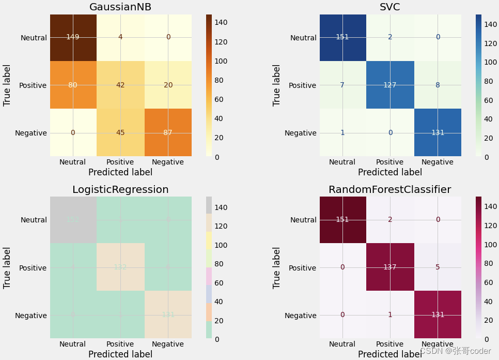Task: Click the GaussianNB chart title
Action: pos(120,7)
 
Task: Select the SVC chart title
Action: pos(390,7)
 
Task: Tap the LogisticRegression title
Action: pos(120,190)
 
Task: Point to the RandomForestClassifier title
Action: pos(390,190)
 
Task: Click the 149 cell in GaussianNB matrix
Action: pos(73,37)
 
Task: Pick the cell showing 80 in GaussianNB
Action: pos(73,85)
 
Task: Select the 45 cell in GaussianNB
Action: pos(120,132)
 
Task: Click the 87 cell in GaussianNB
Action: pos(168,132)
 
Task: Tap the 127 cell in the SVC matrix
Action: pos(390,85)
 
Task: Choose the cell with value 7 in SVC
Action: pos(342,85)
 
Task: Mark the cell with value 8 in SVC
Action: pos(438,85)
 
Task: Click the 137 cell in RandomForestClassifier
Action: pos(390,267)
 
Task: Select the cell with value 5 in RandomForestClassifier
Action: pos(438,267)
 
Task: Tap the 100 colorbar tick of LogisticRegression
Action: pos(225,245)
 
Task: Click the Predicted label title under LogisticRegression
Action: pos(120,354)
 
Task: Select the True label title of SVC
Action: pos(277,85)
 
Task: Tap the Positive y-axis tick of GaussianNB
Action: pos(33,85)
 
